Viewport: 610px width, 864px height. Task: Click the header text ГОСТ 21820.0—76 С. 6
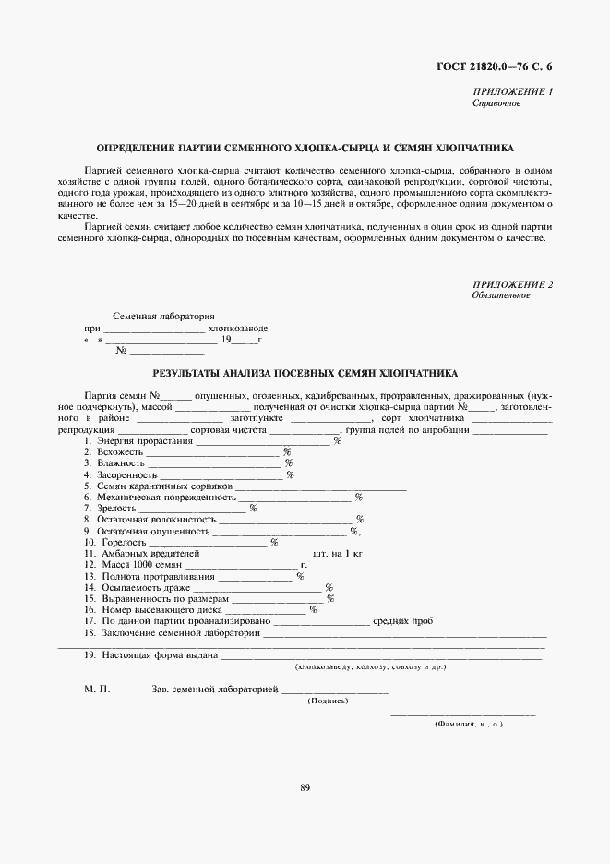click(493, 65)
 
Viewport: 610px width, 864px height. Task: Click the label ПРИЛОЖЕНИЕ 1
click(512, 91)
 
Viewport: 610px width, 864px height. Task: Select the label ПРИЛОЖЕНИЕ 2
click(512, 283)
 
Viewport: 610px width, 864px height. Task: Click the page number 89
click(305, 787)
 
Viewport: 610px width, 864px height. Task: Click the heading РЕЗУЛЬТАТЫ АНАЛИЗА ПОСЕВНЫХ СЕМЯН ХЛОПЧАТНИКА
click(304, 374)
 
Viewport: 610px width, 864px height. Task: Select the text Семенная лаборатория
click(163, 316)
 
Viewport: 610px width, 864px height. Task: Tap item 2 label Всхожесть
click(122, 452)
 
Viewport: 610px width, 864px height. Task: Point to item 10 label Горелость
click(123, 542)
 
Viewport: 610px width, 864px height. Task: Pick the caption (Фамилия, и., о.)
click(469, 726)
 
